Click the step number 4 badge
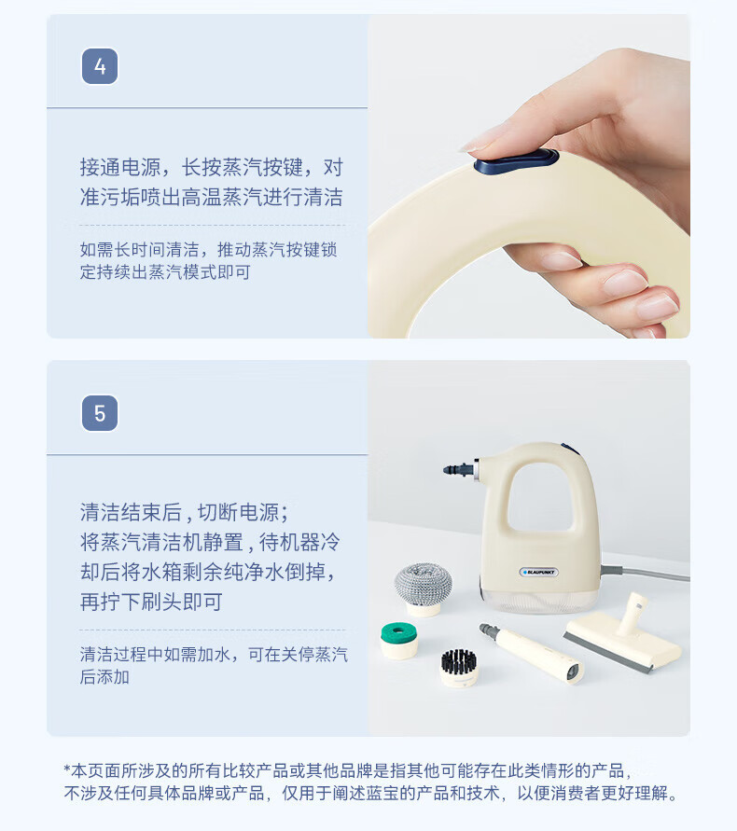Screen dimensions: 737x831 [x=100, y=66]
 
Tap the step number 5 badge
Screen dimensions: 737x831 [x=100, y=413]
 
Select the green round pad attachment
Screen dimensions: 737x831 [x=399, y=640]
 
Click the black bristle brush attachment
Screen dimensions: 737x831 [x=459, y=668]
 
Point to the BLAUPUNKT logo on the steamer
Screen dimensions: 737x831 [x=538, y=572]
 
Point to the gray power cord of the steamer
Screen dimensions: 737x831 [x=646, y=573]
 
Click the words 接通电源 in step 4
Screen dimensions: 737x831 [x=120, y=167]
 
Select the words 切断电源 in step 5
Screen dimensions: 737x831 [x=238, y=512]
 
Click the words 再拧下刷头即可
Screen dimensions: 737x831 [x=151, y=602]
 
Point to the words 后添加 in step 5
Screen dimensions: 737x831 [x=104, y=677]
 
